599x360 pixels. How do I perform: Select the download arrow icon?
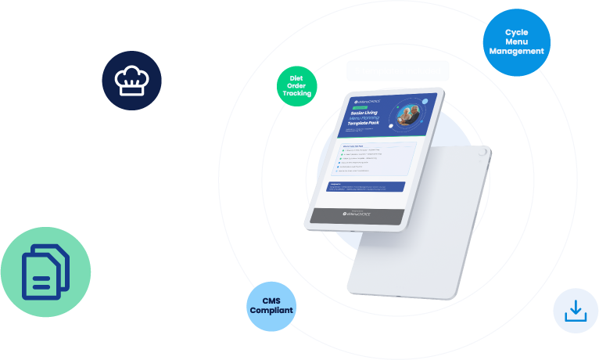576,311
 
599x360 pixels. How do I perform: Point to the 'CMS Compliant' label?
271,305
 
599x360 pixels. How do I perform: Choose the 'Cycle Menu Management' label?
516,41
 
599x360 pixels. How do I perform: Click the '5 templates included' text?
397,71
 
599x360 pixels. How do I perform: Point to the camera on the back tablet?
483,153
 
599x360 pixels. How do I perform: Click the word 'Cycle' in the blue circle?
517,32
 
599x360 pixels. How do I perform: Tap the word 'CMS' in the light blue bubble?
271,301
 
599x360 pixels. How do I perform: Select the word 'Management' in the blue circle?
516,51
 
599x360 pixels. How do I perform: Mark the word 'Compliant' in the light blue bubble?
271,311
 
